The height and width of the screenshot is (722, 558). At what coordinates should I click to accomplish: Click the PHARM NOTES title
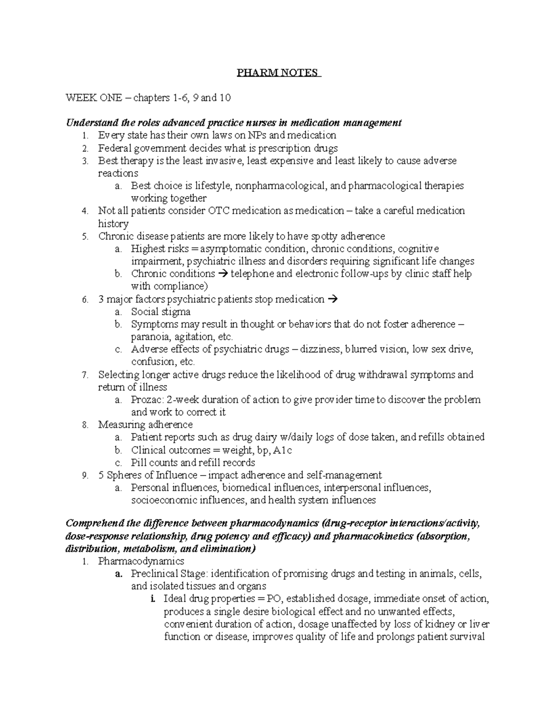(278, 73)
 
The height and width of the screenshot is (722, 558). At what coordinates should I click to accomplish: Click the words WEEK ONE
(94, 98)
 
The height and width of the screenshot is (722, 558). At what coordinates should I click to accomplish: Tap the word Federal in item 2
(113, 148)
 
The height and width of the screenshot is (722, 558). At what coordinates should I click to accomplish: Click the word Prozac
(146, 399)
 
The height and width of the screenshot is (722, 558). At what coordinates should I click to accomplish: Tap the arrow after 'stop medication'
(332, 299)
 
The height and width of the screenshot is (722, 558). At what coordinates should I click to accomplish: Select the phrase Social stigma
(160, 311)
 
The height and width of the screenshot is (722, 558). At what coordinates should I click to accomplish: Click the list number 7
(84, 375)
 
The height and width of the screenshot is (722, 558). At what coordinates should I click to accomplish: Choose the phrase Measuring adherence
(145, 424)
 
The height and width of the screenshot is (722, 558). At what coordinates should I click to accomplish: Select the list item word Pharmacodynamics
(141, 561)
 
